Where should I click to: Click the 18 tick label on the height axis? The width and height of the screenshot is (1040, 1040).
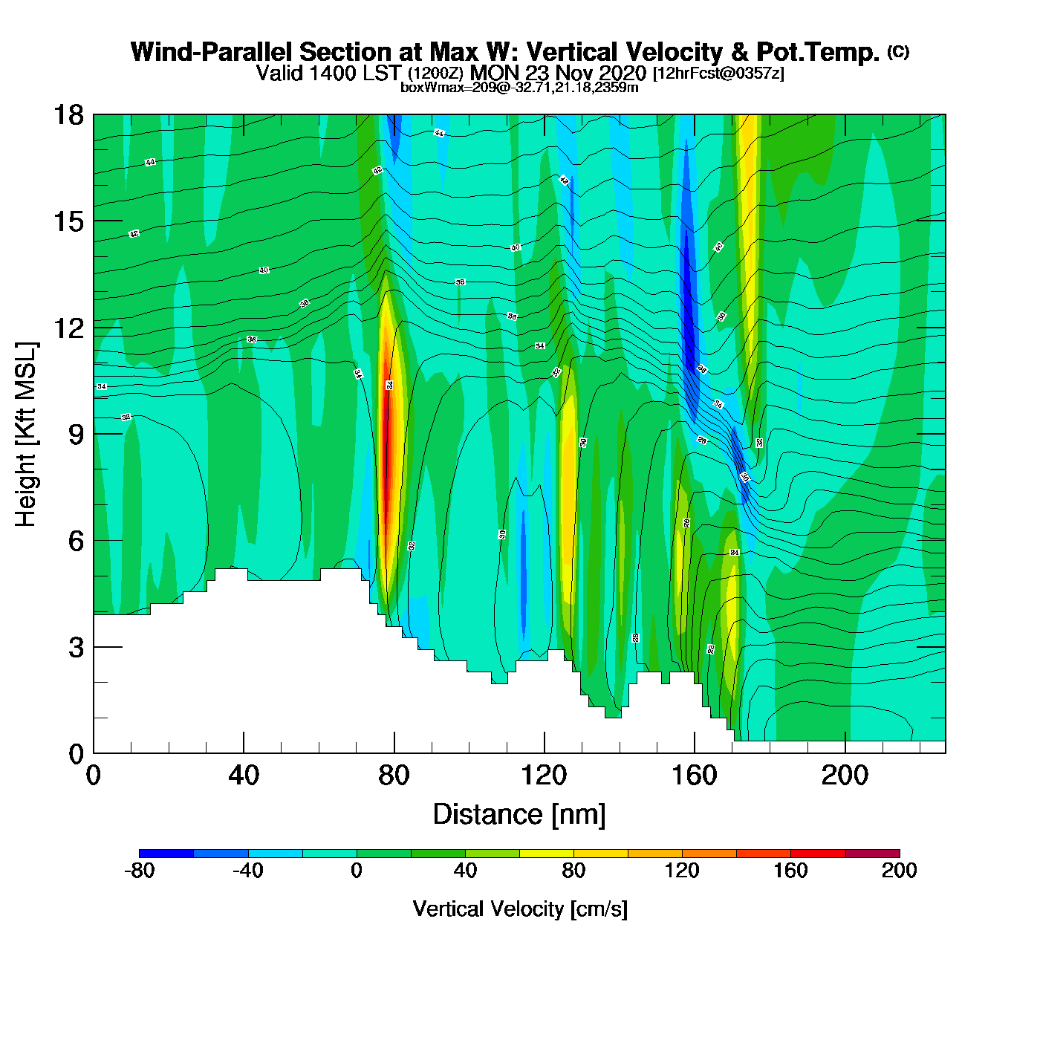coord(68,115)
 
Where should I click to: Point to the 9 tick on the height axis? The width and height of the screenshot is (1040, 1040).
coord(94,434)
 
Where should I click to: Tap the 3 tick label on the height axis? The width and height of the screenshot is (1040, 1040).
coord(76,648)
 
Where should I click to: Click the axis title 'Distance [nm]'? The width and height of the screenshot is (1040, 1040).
coord(519,815)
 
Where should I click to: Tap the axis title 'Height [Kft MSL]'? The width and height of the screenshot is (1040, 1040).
coord(26,435)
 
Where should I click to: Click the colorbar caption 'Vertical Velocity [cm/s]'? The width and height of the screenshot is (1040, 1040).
coord(520,909)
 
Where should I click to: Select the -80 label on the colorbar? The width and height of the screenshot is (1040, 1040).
coord(139,871)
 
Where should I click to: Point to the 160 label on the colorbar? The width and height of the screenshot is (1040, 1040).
coord(790,871)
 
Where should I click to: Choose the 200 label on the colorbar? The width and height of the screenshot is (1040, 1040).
coord(899,871)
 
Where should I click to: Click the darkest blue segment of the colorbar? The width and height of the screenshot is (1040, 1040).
coord(166,854)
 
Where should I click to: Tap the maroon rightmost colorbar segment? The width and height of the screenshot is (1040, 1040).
coord(872,854)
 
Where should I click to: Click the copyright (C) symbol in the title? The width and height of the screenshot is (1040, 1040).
coord(898,51)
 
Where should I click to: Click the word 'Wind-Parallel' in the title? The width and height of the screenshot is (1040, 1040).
coord(212,53)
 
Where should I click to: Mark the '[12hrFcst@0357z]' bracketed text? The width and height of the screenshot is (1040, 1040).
coord(718,74)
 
